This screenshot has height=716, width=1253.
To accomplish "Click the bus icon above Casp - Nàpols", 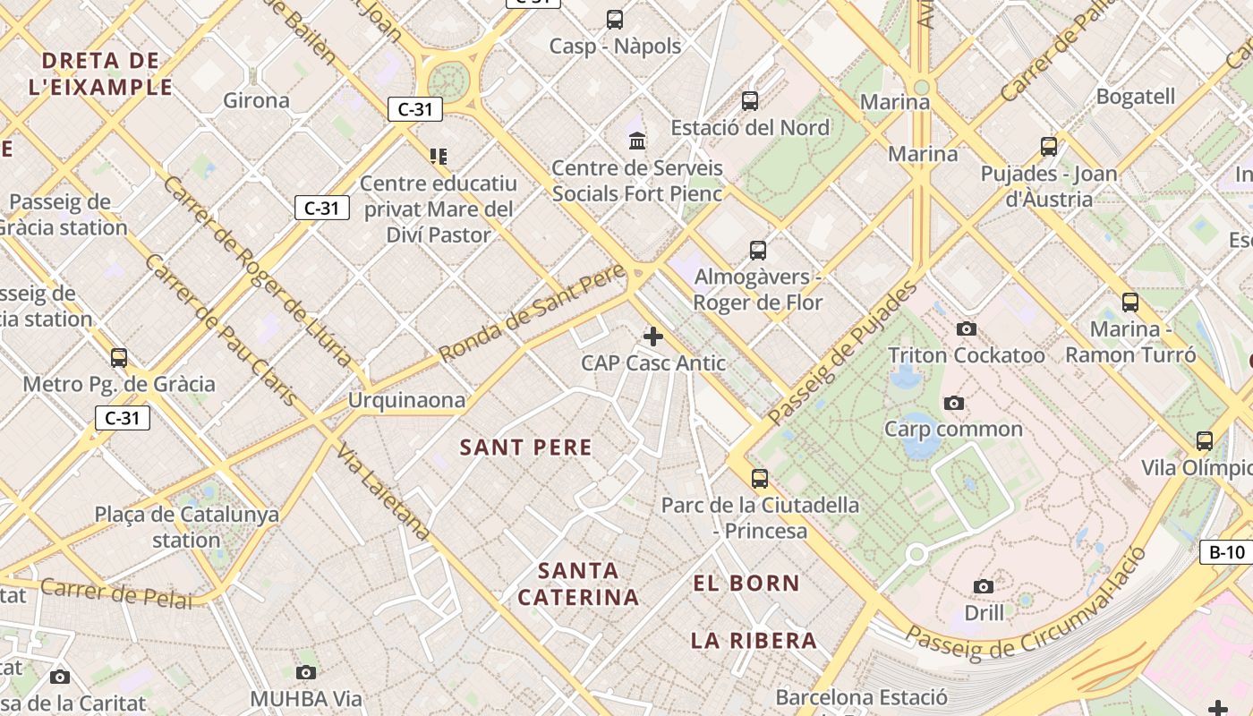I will point(615,19).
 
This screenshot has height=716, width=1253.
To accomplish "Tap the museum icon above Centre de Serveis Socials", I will point(638,141).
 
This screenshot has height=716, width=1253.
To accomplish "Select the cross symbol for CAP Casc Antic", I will point(653,337).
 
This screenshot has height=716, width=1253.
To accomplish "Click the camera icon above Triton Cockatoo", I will point(967,329).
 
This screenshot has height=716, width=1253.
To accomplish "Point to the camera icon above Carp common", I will point(954,404).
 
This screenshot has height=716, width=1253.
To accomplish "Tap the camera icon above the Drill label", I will point(984,587).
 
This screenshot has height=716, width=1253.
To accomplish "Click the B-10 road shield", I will point(1227,552).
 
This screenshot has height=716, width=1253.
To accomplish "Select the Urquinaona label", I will point(407,400).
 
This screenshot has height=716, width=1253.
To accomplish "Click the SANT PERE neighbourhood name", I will point(525,447).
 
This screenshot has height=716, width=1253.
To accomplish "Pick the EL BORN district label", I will point(746,584).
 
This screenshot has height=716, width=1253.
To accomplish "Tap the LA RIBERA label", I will point(754,640).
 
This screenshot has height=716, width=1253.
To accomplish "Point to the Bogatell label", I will point(1136,97).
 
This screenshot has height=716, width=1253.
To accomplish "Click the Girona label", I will point(256,100).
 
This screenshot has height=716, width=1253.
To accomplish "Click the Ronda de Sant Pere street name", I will point(533,313).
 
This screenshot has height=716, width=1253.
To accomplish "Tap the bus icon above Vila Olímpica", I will point(1205,441).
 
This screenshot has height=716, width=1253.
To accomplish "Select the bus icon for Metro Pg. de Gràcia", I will point(119,358).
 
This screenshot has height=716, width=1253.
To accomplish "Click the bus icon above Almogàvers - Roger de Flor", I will point(758,251).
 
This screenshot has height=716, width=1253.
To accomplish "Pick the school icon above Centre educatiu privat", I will point(439,157).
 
